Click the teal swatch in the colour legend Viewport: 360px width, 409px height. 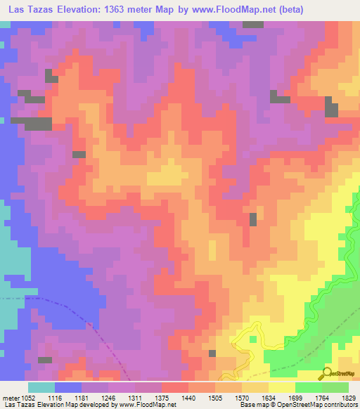tap(41, 387)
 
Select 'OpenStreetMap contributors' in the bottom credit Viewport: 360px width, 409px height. tap(316, 404)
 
